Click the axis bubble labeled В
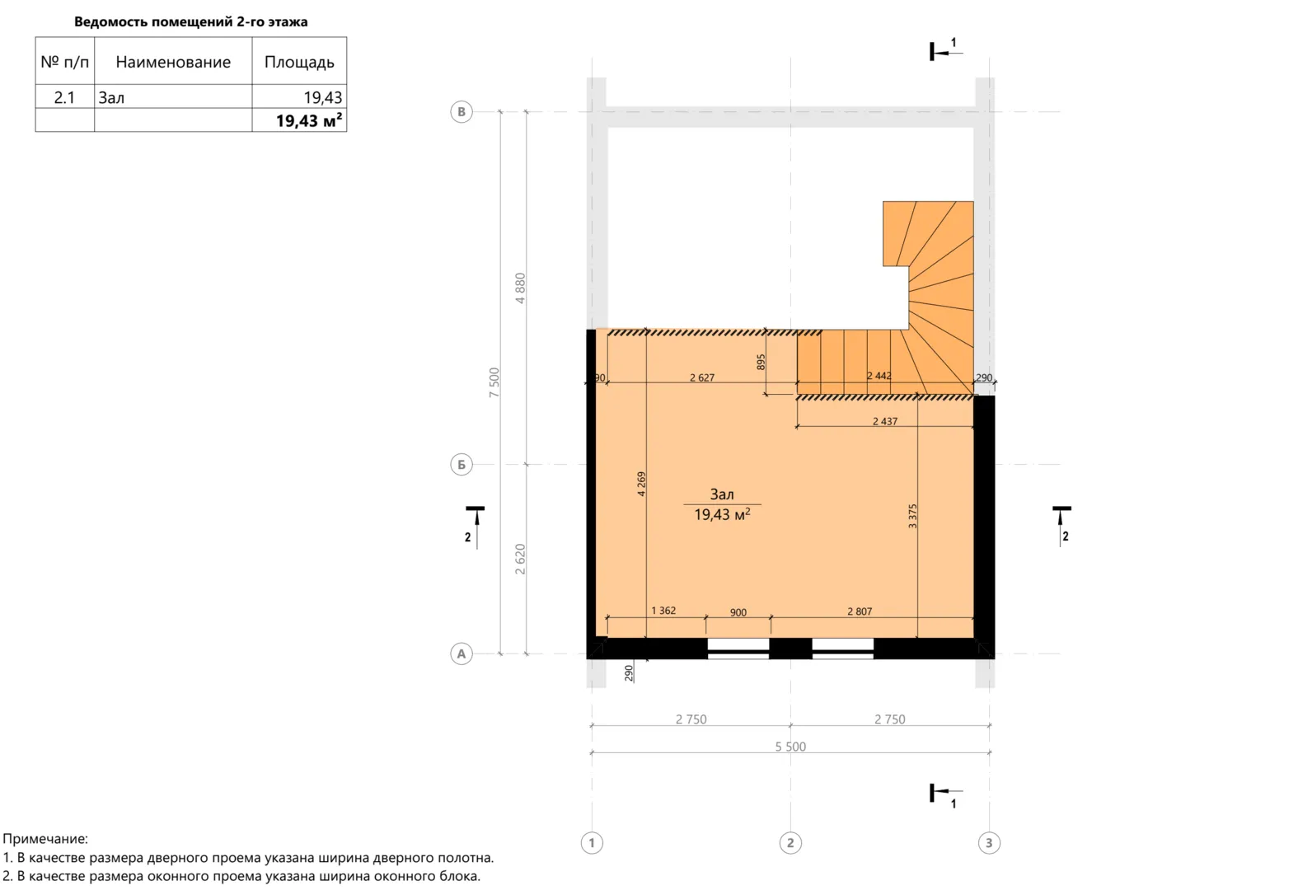[x=462, y=112]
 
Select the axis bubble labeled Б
[x=462, y=465]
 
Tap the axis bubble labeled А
[x=462, y=654]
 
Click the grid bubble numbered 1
[x=592, y=843]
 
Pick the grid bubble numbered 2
[x=790, y=843]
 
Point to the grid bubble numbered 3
[x=989, y=843]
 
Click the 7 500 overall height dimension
[x=494, y=382]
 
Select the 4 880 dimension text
[x=520, y=288]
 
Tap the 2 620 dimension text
[x=520, y=560]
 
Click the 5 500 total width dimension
[x=790, y=747]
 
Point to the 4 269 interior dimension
[x=641, y=484]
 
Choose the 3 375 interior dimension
[x=912, y=516]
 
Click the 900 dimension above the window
[x=738, y=612]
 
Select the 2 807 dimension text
[x=860, y=611]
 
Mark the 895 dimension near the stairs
[x=761, y=362]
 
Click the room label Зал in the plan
[x=722, y=494]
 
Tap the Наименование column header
[x=173, y=62]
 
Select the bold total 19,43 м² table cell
[x=309, y=120]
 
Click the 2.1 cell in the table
[x=64, y=97]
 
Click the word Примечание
[x=45, y=838]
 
